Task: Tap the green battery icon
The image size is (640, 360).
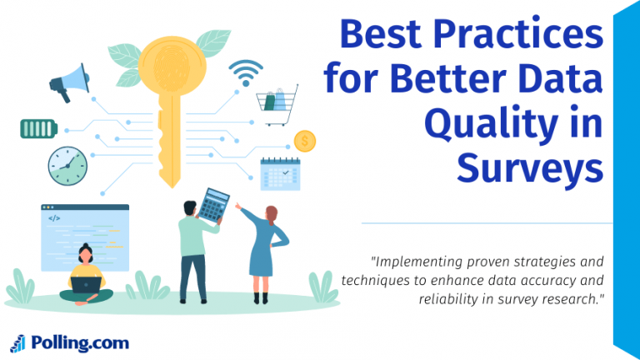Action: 39,128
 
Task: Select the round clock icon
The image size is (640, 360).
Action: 67,164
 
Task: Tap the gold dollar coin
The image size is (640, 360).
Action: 305,142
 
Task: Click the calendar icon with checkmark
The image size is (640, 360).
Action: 280,173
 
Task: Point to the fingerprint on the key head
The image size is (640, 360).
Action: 172,67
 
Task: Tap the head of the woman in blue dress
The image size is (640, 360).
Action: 270,214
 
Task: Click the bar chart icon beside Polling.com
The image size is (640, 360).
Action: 17,342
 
